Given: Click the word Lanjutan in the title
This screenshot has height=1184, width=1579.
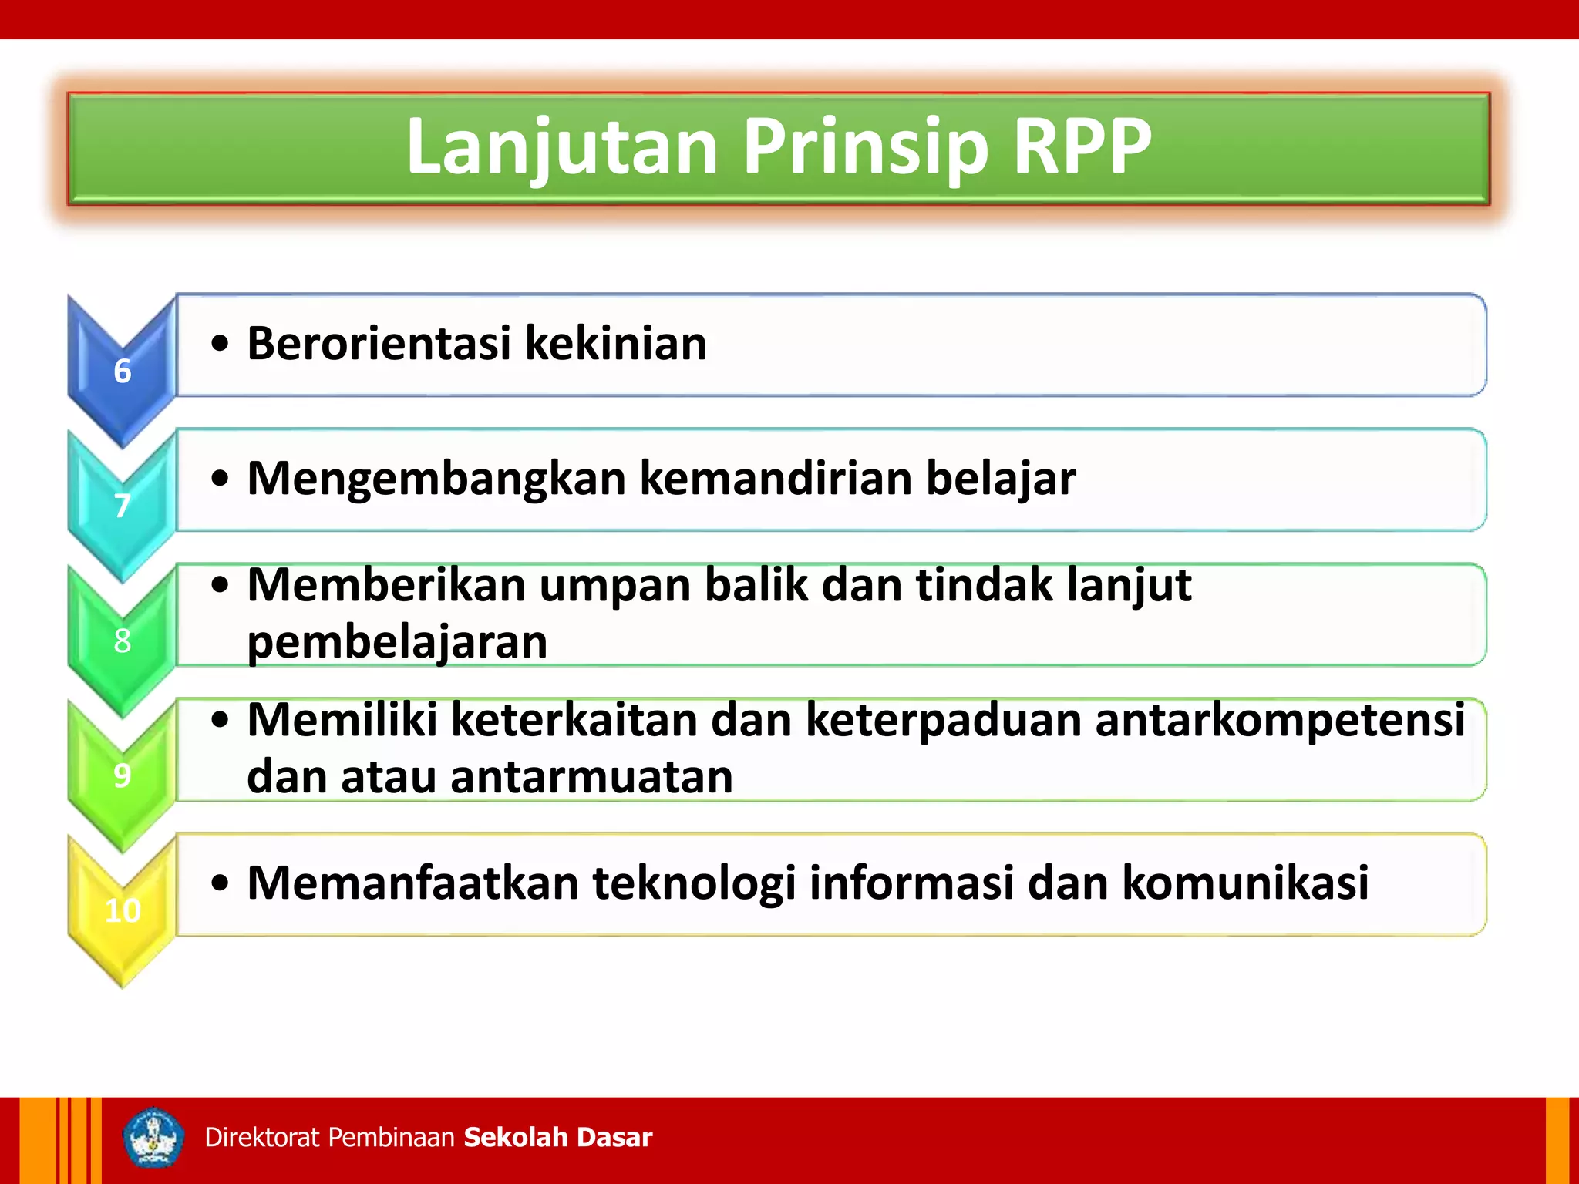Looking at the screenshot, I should tap(562, 146).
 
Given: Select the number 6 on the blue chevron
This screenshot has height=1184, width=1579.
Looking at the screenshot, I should tap(122, 372).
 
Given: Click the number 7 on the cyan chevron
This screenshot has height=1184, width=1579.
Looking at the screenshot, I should tap(122, 506).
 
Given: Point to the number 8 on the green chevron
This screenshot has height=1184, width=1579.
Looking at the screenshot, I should tap(122, 641).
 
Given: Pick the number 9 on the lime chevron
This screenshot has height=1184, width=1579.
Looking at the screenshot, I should tap(122, 775).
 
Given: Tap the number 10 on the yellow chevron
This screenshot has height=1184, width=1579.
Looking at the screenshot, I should tap(123, 910).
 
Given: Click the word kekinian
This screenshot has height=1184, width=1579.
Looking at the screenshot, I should tap(615, 343).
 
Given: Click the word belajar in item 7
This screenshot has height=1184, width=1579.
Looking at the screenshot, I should tap(1000, 479).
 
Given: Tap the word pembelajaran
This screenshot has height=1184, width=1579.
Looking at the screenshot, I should tap(397, 642).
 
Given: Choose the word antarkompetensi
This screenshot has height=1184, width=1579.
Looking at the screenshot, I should tap(1279, 721).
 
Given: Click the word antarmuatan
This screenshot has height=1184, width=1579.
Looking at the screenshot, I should tap(591, 777).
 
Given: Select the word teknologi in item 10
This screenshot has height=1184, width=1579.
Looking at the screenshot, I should tap(694, 883).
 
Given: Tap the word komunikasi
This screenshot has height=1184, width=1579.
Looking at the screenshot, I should tap(1245, 883).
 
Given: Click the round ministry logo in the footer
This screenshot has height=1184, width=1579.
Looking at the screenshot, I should tap(153, 1138).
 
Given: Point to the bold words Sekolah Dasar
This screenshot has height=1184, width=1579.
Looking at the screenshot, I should tap(558, 1138).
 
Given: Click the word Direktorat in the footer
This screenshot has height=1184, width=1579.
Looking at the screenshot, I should tap(262, 1138).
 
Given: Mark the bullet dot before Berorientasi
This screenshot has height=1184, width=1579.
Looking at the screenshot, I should tap(221, 345).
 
